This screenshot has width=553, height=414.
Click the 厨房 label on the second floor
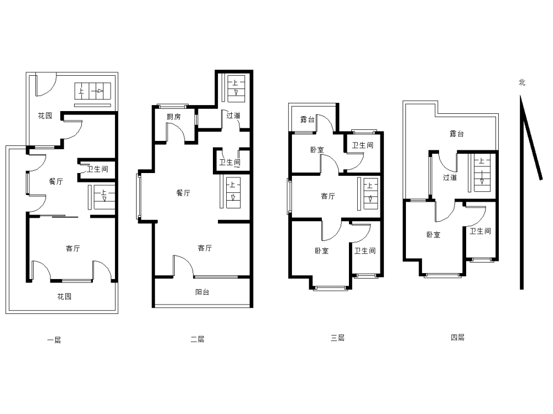[x=174, y=117]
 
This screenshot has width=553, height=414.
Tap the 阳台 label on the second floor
[x=202, y=292]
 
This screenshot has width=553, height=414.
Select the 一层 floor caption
[x=54, y=340]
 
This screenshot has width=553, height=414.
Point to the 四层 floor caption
[x=458, y=338]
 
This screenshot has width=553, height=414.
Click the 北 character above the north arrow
[x=522, y=82]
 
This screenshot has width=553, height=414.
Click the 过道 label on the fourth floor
[x=450, y=177]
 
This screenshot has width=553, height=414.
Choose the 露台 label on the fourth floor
[x=457, y=134]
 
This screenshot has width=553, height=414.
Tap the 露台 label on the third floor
[x=307, y=119]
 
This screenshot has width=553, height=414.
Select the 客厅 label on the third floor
[x=328, y=196]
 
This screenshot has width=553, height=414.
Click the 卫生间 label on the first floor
[x=98, y=169]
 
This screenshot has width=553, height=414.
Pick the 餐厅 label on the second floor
[x=184, y=193]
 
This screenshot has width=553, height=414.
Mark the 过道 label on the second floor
[x=233, y=116]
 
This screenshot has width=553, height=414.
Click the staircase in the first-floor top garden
[x=93, y=91]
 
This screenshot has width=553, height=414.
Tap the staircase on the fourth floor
[x=482, y=173]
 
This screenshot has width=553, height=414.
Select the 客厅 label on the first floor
[x=73, y=248]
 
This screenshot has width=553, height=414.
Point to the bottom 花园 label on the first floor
[x=65, y=297]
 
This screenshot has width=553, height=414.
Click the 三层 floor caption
[x=337, y=338]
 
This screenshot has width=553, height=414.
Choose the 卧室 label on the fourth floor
[x=434, y=234]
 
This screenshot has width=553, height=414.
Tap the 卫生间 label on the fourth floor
[x=481, y=231]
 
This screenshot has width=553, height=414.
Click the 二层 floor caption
[x=197, y=339]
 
